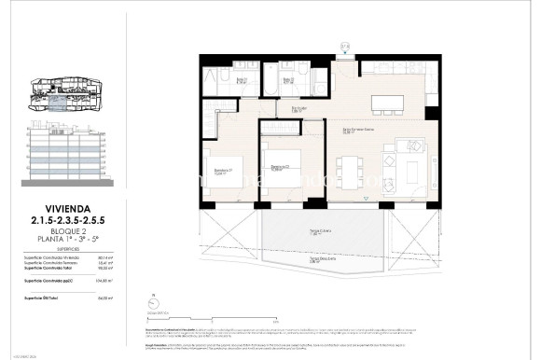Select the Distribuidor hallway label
coord(299,108)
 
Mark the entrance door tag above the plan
coord(345,47)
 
